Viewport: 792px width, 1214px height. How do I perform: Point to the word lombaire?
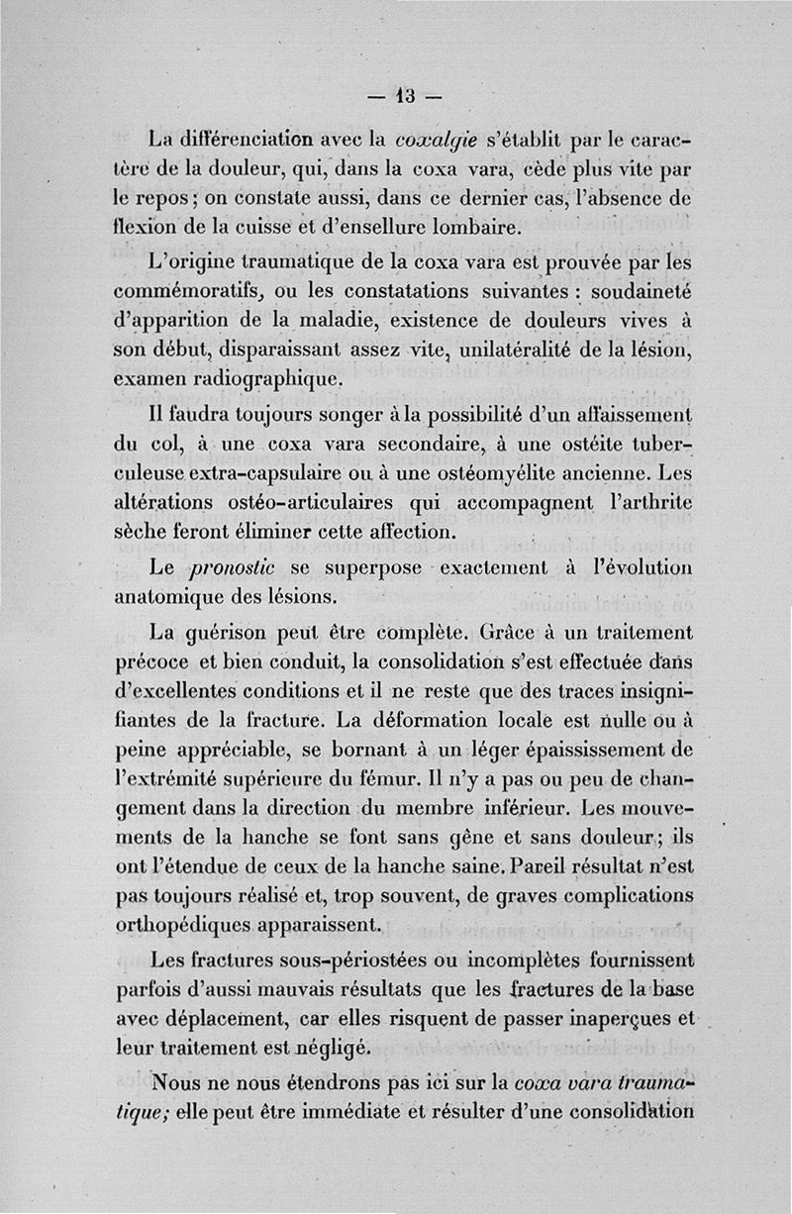[x=468, y=229]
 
